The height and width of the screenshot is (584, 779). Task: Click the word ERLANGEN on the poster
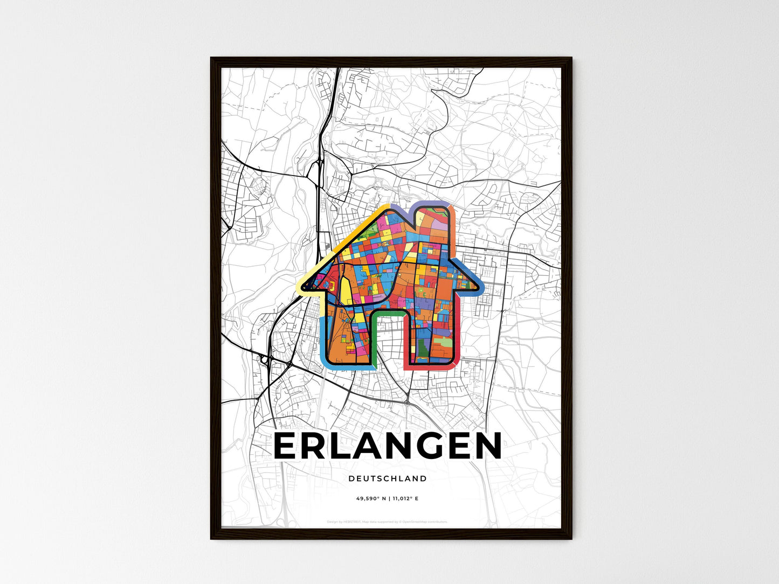388,447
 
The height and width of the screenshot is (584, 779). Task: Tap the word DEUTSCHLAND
388,478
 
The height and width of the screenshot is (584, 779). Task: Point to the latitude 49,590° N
370,498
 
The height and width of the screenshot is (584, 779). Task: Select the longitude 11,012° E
405,498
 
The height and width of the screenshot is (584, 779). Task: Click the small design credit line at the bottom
388,522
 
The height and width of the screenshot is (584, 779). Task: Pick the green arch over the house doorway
388,314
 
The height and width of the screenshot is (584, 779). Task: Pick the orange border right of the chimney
453,221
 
